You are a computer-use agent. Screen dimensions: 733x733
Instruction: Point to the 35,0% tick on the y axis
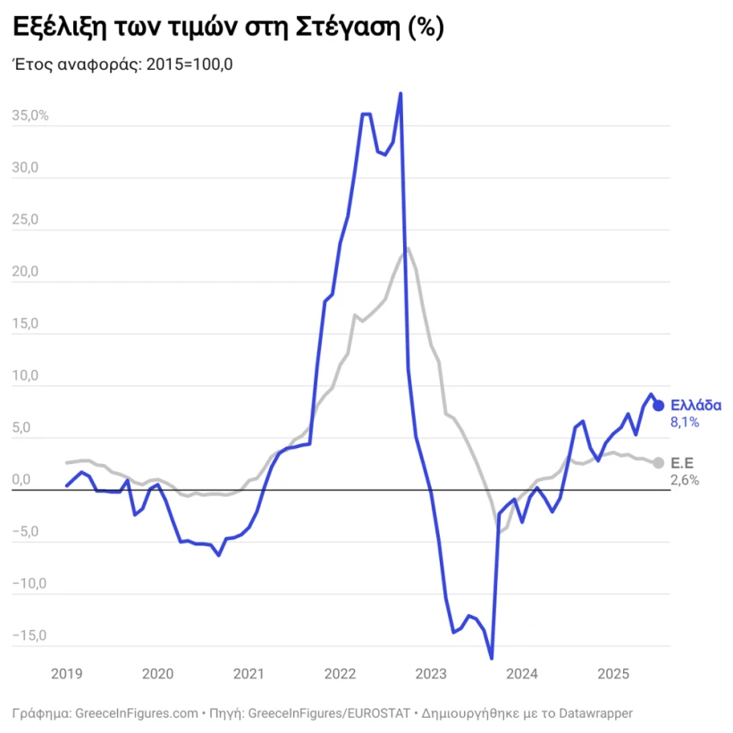tap(30, 116)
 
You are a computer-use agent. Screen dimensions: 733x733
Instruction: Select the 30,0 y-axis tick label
tap(26, 168)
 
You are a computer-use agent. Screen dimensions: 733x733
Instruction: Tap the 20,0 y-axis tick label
tap(26, 272)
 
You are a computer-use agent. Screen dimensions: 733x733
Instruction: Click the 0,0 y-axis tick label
tap(21, 480)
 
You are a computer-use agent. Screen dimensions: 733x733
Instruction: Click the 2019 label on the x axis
tap(66, 673)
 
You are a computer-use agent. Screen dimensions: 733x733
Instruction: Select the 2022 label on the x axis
tap(340, 673)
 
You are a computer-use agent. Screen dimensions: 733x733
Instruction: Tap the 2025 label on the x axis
tap(613, 673)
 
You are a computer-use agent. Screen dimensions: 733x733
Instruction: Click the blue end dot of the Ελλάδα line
tap(658, 405)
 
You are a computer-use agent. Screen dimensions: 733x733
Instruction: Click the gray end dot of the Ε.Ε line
tap(658, 462)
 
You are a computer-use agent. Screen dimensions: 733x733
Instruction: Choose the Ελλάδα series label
tap(695, 404)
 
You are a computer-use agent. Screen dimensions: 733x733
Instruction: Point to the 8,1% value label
tap(684, 421)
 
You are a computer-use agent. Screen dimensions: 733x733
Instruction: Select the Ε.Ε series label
tap(682, 462)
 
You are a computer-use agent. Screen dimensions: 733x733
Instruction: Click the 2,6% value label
tap(684, 480)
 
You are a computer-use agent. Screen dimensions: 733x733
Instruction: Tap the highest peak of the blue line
tap(400, 93)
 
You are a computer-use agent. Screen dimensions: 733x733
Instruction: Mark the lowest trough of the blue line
tap(492, 658)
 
